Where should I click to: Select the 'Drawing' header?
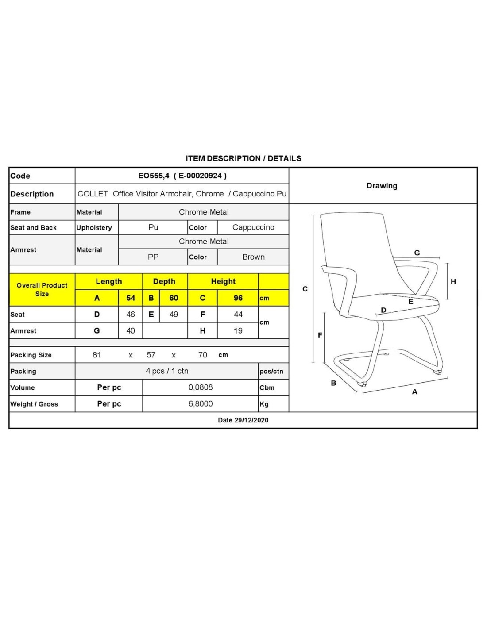pyautogui.click(x=382, y=186)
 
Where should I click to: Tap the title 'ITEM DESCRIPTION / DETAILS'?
pyautogui.click(x=243, y=158)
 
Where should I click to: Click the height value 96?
pyautogui.click(x=238, y=298)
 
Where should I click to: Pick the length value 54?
pyautogui.click(x=131, y=298)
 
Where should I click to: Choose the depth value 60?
pyautogui.click(x=174, y=298)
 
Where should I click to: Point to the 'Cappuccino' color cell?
pyautogui.click(x=253, y=227)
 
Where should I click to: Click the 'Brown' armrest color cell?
pyautogui.click(x=253, y=257)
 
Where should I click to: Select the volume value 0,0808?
pyautogui.click(x=201, y=387)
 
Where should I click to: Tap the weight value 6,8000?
pyautogui.click(x=201, y=404)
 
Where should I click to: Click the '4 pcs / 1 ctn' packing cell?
pyautogui.click(x=167, y=371)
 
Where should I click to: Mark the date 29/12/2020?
pyautogui.click(x=243, y=420)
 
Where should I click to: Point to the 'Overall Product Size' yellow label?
pyautogui.click(x=42, y=290)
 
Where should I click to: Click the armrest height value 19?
pyautogui.click(x=238, y=331)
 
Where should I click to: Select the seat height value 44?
pyautogui.click(x=238, y=314)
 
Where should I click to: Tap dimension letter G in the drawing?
pyautogui.click(x=417, y=253)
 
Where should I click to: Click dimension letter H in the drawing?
pyautogui.click(x=453, y=282)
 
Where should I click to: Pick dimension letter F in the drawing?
pyautogui.click(x=320, y=335)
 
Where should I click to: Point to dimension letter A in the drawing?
pyautogui.click(x=415, y=392)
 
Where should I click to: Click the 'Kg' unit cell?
pyautogui.click(x=264, y=404)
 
